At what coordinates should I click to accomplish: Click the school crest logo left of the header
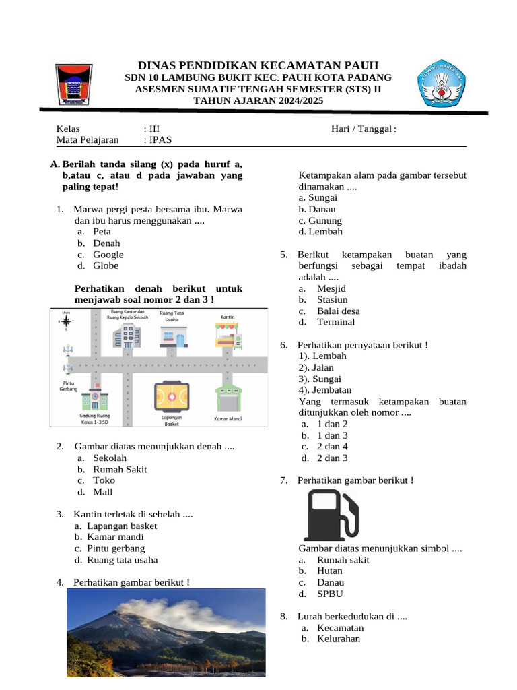click(x=73, y=84)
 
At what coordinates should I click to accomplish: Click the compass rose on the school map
click(x=66, y=321)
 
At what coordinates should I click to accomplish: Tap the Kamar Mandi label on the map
click(x=228, y=419)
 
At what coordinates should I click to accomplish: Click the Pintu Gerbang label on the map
click(x=69, y=385)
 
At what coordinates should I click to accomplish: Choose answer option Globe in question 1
click(x=106, y=265)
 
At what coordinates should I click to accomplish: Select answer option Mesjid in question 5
click(x=331, y=288)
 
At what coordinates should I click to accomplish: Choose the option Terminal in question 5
click(x=336, y=322)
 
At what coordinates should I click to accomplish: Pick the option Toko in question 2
click(x=104, y=480)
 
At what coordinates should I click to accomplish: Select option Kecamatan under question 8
click(x=340, y=627)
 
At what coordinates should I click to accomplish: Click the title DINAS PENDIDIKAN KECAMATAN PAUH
click(x=258, y=65)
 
